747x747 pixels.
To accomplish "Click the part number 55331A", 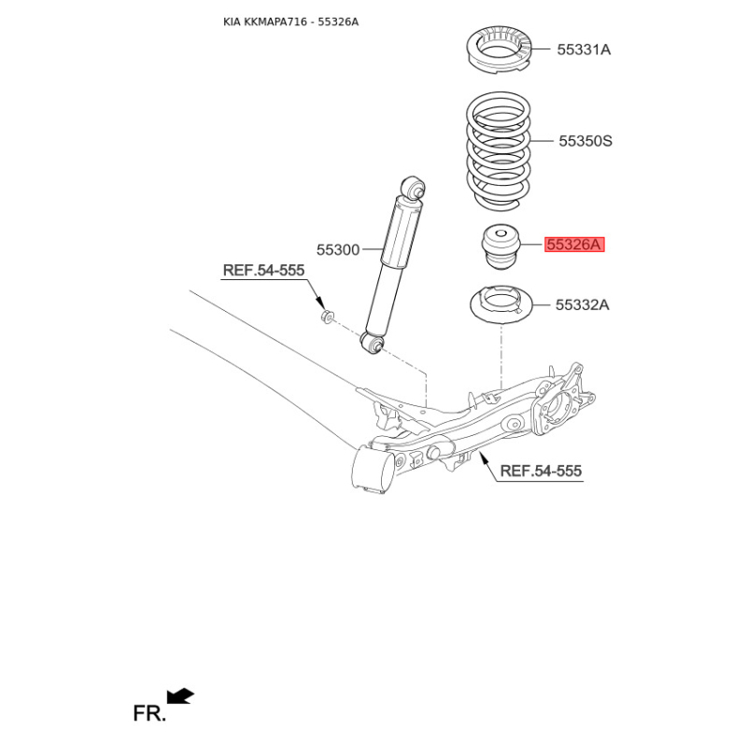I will pos(584,49).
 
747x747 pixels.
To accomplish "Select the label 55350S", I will pos(585,141).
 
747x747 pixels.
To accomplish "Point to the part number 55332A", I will pos(582,304).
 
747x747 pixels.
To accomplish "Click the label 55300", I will pos(337,249).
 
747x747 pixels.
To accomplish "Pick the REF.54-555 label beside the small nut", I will pos(263,271).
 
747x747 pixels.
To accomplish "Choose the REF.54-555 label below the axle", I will pos(541,472).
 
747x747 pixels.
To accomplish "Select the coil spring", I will pos(498,149).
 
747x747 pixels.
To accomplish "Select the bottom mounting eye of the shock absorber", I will pos(373,345).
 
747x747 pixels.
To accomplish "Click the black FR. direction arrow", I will pos(180,696).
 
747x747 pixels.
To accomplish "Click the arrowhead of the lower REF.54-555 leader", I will pos(482,456).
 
